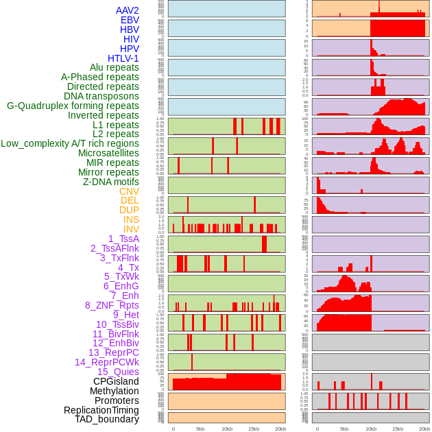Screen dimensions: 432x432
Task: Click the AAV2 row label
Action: [128, 10]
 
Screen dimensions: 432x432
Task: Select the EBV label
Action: [130, 20]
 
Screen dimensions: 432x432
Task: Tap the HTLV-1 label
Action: [123, 58]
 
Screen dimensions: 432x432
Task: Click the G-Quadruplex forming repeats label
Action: [73, 106]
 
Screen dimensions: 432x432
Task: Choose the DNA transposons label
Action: [101, 96]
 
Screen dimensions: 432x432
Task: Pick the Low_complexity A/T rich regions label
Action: [70, 143]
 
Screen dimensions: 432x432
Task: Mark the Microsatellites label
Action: [108, 153]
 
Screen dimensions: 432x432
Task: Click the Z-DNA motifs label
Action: [111, 182]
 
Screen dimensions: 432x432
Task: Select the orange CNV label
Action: [129, 191]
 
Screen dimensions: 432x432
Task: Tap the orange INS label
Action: [131, 219]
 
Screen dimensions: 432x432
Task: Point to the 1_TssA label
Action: [123, 239]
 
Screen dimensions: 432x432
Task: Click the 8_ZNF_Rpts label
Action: [112, 305]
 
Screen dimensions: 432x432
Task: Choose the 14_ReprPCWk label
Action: [107, 362]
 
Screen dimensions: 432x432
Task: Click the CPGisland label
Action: [116, 381]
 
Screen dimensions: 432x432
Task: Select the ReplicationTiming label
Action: [101, 410]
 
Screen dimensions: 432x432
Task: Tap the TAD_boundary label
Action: [107, 419]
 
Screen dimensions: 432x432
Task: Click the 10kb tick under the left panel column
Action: [226, 429]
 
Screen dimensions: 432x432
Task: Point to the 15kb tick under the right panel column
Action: [397, 429]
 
